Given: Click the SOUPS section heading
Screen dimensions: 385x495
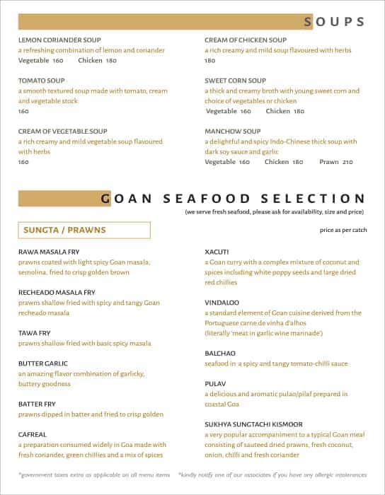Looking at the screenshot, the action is [x=335, y=22].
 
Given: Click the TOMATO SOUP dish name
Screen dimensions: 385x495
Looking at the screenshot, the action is [x=41, y=81].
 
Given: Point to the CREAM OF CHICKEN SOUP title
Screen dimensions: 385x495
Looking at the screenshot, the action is [x=246, y=40].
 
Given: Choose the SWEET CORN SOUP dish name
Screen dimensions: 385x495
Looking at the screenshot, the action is [x=235, y=81].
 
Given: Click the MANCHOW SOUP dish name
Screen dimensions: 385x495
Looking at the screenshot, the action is [x=233, y=132].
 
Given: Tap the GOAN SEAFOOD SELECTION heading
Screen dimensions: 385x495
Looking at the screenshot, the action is [x=234, y=199].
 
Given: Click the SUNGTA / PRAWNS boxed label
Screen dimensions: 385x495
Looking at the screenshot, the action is [x=84, y=231].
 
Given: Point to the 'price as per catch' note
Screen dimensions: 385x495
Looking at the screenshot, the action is [x=343, y=231].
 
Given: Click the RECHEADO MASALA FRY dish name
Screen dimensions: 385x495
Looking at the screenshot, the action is [x=57, y=292].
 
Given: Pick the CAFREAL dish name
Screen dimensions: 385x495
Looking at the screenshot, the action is [x=33, y=435].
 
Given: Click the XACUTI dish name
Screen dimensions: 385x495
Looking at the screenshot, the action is [x=217, y=251].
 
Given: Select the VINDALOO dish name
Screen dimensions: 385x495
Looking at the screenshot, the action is [x=221, y=302].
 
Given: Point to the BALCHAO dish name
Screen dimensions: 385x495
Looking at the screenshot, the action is [x=220, y=353].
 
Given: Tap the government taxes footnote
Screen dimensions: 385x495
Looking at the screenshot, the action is [x=94, y=474].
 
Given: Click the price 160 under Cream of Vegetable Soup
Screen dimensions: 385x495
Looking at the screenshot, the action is [x=23, y=162].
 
